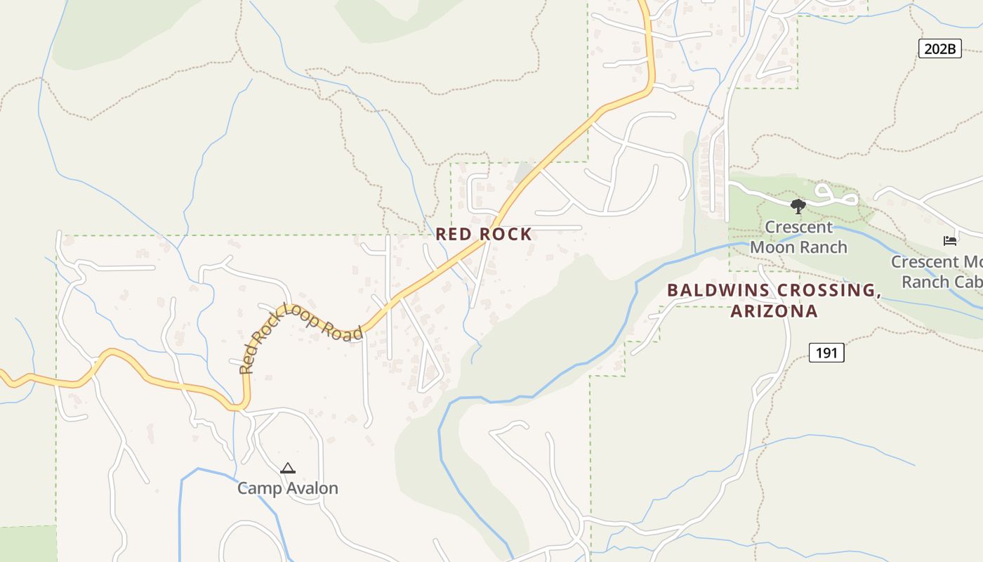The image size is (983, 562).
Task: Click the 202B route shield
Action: pyautogui.click(x=939, y=48)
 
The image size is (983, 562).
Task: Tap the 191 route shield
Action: pyautogui.click(x=826, y=353)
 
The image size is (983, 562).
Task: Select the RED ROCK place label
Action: pyautogui.click(x=484, y=234)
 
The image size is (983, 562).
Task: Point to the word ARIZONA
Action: pyautogui.click(x=774, y=311)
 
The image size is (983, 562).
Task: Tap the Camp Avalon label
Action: pyautogui.click(x=288, y=488)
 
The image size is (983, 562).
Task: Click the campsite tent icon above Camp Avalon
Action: pyautogui.click(x=288, y=468)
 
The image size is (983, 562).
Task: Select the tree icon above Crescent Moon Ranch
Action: pyautogui.click(x=798, y=206)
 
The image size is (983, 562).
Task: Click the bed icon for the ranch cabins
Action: pyautogui.click(x=950, y=241)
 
